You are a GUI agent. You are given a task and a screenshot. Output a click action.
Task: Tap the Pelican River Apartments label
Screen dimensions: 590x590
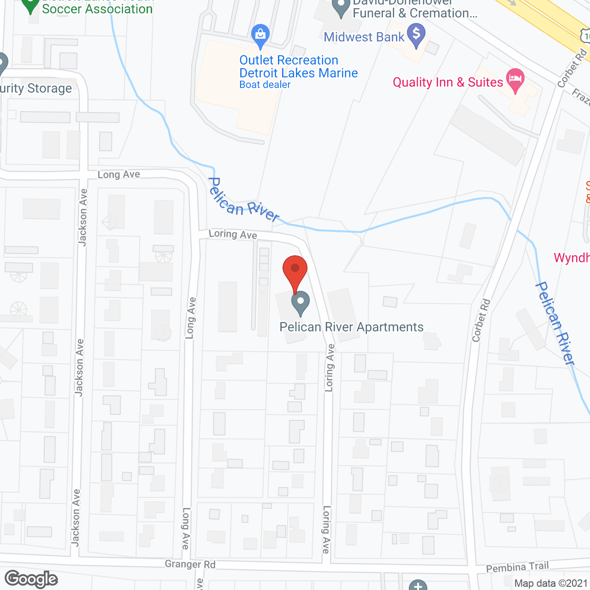point(351,327)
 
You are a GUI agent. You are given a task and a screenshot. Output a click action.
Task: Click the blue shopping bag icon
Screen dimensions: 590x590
point(260,35)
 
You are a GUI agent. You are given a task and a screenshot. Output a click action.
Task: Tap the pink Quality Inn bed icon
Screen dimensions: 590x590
point(515,80)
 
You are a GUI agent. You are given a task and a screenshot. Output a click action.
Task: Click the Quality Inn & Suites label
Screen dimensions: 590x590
point(448,83)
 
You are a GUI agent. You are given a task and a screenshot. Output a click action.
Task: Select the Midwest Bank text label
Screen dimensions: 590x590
point(364,37)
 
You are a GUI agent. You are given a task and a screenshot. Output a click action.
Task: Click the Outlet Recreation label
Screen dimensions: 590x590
point(289,60)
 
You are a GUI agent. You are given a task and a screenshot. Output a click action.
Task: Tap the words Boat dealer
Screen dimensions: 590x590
point(265,85)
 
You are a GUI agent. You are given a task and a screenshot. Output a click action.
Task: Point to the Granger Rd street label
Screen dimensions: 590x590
point(190,564)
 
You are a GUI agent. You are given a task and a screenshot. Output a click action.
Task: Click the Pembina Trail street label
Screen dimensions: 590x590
point(517,567)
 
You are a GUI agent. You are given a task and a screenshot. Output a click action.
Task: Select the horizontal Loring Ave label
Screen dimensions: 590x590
point(233,234)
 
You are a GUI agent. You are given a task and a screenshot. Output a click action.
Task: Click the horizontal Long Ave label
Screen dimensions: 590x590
point(118,174)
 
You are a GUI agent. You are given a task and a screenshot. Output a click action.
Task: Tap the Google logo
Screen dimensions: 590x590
point(31,579)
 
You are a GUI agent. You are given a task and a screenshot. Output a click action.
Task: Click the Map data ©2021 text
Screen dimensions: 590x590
point(550,584)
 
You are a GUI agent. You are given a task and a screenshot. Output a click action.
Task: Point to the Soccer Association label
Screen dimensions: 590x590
point(97,9)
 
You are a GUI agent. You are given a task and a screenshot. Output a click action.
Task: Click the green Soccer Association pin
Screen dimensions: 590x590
point(30,6)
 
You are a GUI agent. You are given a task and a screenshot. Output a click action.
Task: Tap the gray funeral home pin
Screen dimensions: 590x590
point(341,8)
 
